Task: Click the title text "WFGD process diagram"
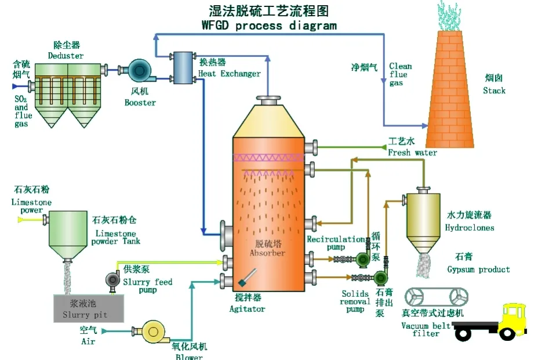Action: [269, 26]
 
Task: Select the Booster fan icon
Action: [139, 70]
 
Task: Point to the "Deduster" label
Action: [66, 56]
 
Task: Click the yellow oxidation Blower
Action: [152, 332]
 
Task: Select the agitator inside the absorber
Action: [246, 278]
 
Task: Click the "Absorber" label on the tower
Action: [267, 253]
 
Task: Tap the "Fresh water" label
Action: [412, 152]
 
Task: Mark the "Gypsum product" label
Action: [478, 270]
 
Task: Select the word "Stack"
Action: [494, 90]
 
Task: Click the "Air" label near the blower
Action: [88, 341]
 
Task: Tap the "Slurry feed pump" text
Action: [147, 286]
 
